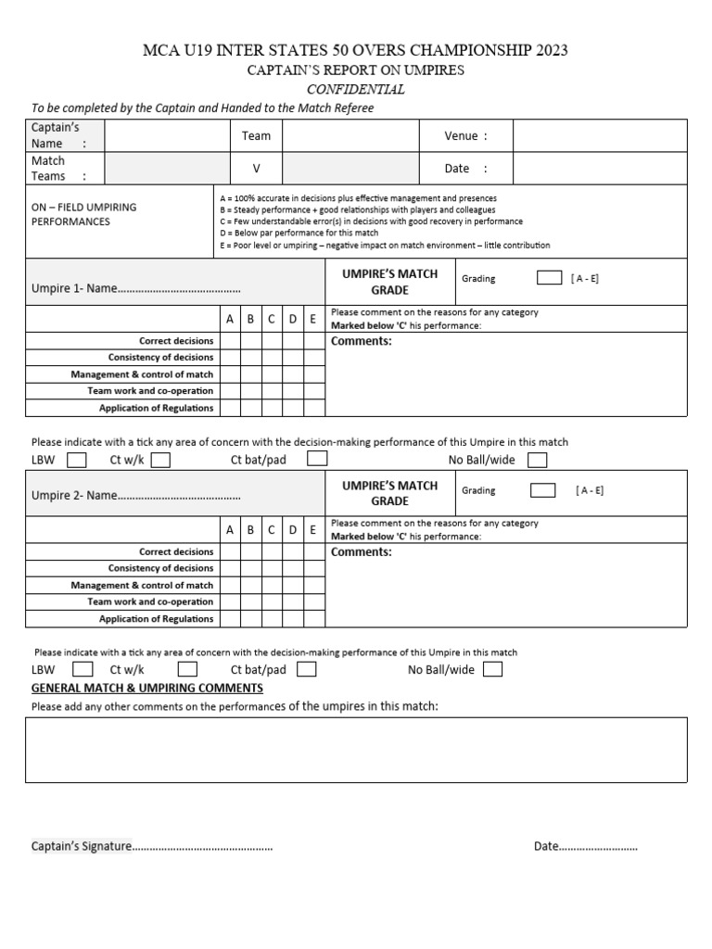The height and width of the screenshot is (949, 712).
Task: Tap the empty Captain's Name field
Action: (167, 135)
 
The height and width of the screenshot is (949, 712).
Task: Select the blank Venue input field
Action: (600, 135)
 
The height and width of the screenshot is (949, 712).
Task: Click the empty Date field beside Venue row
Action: (600, 169)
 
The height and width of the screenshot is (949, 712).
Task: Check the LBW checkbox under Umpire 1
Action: (77, 460)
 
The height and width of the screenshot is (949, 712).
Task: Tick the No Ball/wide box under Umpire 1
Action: (537, 460)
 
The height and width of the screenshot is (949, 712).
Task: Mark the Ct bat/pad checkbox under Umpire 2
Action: (307, 669)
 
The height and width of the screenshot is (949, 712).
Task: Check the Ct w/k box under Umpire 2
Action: (187, 669)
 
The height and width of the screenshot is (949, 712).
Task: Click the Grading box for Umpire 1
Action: (549, 277)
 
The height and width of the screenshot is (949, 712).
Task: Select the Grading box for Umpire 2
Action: (542, 490)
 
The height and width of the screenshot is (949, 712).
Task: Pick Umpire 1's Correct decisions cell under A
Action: (229, 340)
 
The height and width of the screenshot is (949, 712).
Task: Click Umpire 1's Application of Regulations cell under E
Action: (313, 408)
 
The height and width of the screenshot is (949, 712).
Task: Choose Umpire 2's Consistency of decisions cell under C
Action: (272, 568)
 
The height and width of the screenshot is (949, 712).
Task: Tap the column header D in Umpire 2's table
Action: (292, 530)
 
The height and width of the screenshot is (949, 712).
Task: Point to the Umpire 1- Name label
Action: (74, 288)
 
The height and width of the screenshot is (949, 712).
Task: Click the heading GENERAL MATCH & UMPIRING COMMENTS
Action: (147, 688)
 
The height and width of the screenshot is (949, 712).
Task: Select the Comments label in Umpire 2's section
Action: (362, 551)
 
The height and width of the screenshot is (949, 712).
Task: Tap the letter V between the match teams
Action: (256, 169)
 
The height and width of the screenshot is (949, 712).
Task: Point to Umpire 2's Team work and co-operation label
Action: (150, 601)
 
